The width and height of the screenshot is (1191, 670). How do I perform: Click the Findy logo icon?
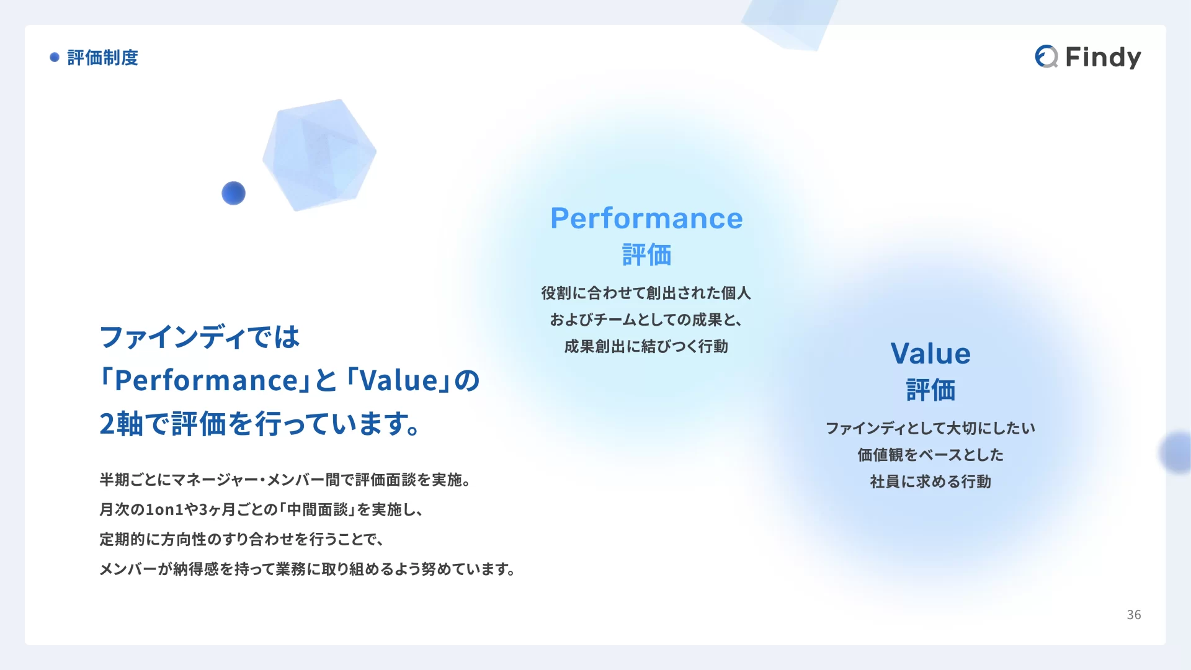(x=1046, y=56)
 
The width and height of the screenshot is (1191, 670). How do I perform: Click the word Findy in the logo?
(x=1103, y=58)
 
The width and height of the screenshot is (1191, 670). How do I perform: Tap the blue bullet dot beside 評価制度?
(x=55, y=57)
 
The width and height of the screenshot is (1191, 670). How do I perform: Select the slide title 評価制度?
(x=103, y=58)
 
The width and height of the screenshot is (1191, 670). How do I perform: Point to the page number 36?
(x=1134, y=615)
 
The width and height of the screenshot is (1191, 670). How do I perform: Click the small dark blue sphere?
(x=233, y=193)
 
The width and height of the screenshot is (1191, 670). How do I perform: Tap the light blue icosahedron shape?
(x=319, y=155)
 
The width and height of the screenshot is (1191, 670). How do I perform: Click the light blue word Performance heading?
(x=646, y=218)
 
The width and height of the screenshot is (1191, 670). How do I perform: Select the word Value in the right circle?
(x=930, y=354)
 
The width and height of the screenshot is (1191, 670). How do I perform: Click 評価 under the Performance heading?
(x=646, y=255)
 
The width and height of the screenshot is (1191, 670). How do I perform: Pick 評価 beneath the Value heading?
(x=930, y=390)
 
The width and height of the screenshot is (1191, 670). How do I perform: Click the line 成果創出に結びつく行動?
(x=646, y=346)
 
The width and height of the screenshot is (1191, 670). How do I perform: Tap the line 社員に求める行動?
(x=930, y=481)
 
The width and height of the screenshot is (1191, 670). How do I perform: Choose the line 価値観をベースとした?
(x=930, y=455)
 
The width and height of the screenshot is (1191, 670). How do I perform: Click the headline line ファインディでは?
(x=200, y=337)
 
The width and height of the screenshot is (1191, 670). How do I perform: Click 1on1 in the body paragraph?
(x=164, y=509)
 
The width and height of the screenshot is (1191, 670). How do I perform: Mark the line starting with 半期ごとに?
(x=285, y=480)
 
